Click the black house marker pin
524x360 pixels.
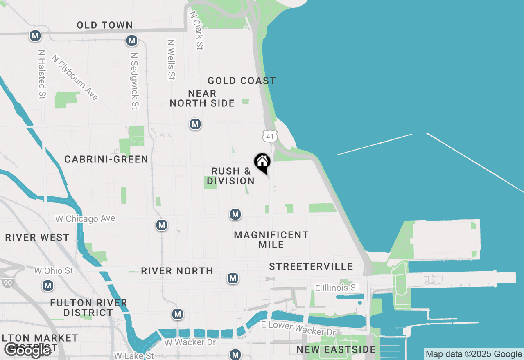click(x=262, y=163)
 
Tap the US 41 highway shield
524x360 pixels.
click(x=271, y=136)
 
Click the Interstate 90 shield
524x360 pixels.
click(x=8, y=282)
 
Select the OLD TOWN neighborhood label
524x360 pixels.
click(x=105, y=25)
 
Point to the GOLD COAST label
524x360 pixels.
click(x=242, y=81)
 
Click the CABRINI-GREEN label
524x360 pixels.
click(x=106, y=160)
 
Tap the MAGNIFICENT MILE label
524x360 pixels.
click(x=271, y=240)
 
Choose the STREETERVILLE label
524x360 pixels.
click(x=311, y=267)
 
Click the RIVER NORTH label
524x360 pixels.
click(x=177, y=271)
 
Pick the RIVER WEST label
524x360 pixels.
click(x=37, y=238)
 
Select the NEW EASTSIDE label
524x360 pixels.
click(x=336, y=350)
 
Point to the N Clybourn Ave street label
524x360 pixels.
click(x=75, y=77)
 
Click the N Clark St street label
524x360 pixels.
click(x=196, y=30)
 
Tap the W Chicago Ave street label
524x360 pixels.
click(x=85, y=219)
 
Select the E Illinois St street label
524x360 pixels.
click(x=337, y=288)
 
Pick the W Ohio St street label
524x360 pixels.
click(x=53, y=271)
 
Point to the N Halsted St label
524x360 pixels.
click(x=42, y=74)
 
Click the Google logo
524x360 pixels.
click(x=28, y=350)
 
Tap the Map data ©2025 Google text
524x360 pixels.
click(x=474, y=354)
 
